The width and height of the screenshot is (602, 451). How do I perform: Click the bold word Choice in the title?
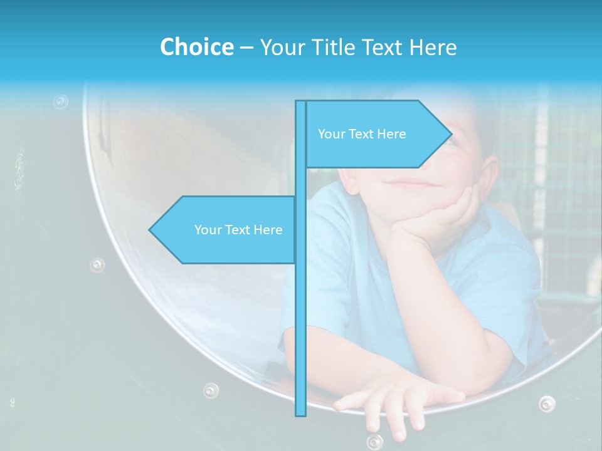pyautogui.click(x=196, y=47)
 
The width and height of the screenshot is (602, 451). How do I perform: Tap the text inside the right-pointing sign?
pyautogui.click(x=362, y=134)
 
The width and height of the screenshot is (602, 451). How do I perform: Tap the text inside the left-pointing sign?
pyautogui.click(x=238, y=230)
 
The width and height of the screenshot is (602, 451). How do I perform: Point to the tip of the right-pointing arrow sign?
pyautogui.click(x=451, y=133)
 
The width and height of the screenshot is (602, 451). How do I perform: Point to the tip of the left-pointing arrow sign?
pyautogui.click(x=150, y=230)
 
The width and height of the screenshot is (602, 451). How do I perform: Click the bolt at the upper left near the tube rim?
pyautogui.click(x=60, y=101)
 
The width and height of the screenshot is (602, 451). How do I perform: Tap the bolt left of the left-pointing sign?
pyautogui.click(x=97, y=264)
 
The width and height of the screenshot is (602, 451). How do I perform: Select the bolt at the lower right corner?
pyautogui.click(x=547, y=403)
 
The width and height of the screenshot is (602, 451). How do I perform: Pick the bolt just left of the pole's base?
pyautogui.click(x=211, y=390)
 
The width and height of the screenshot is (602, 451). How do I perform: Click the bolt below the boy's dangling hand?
pyautogui.click(x=375, y=442)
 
